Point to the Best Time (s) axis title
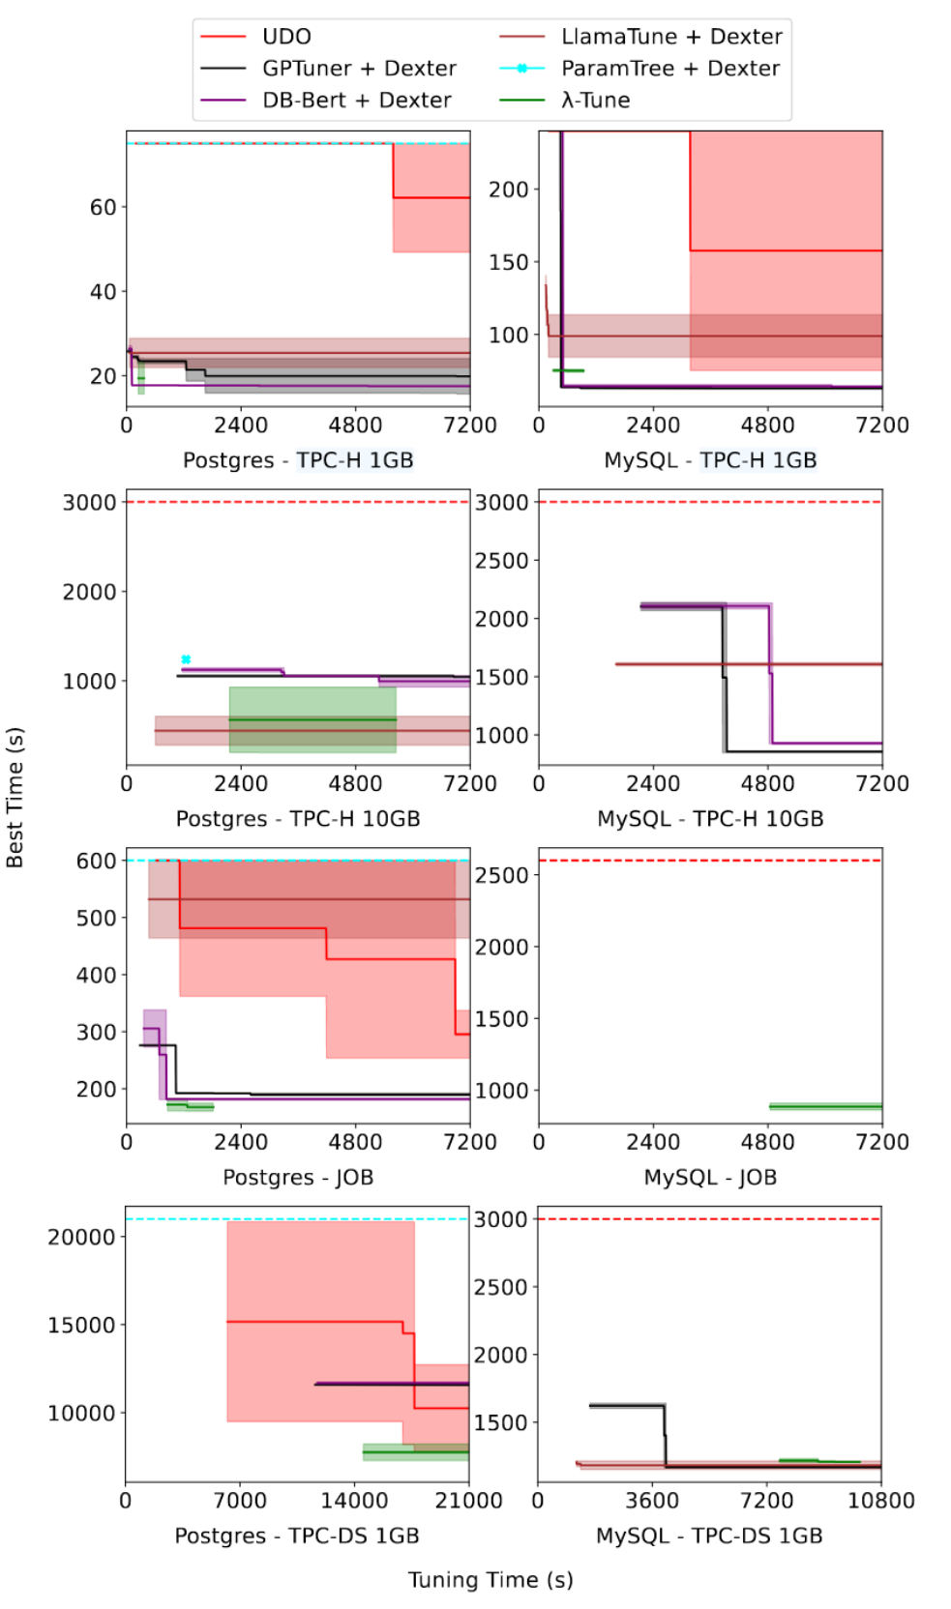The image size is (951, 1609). (15, 798)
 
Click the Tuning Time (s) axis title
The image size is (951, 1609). (490, 1580)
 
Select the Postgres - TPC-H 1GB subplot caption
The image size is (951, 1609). (298, 460)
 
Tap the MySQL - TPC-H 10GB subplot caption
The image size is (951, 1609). (710, 819)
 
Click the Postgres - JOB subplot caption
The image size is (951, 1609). (298, 1178)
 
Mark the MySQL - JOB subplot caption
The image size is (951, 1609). (710, 1178)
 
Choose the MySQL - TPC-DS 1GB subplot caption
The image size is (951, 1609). (709, 1536)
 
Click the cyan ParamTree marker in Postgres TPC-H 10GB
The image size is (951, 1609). (186, 659)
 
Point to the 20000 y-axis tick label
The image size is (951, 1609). (81, 1237)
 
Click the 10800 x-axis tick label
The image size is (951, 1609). (880, 1501)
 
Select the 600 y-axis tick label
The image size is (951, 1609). (97, 861)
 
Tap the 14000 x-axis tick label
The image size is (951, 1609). (354, 1501)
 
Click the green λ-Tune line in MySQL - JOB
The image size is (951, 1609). (825, 1106)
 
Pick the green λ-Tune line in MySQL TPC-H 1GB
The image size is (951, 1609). (568, 370)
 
